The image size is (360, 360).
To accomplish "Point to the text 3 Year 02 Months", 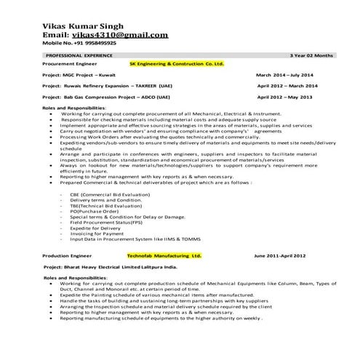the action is pos(311,55).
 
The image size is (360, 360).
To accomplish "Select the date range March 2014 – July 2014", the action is pos(284,75).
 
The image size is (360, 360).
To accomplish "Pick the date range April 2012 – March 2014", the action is pos(285,86).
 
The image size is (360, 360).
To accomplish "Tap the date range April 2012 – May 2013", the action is pos(284,96).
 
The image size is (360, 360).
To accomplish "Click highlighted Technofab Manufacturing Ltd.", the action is pos(164,256).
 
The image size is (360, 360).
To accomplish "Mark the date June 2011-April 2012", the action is pos(279,257).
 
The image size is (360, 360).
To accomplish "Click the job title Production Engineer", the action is pos(65,257).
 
